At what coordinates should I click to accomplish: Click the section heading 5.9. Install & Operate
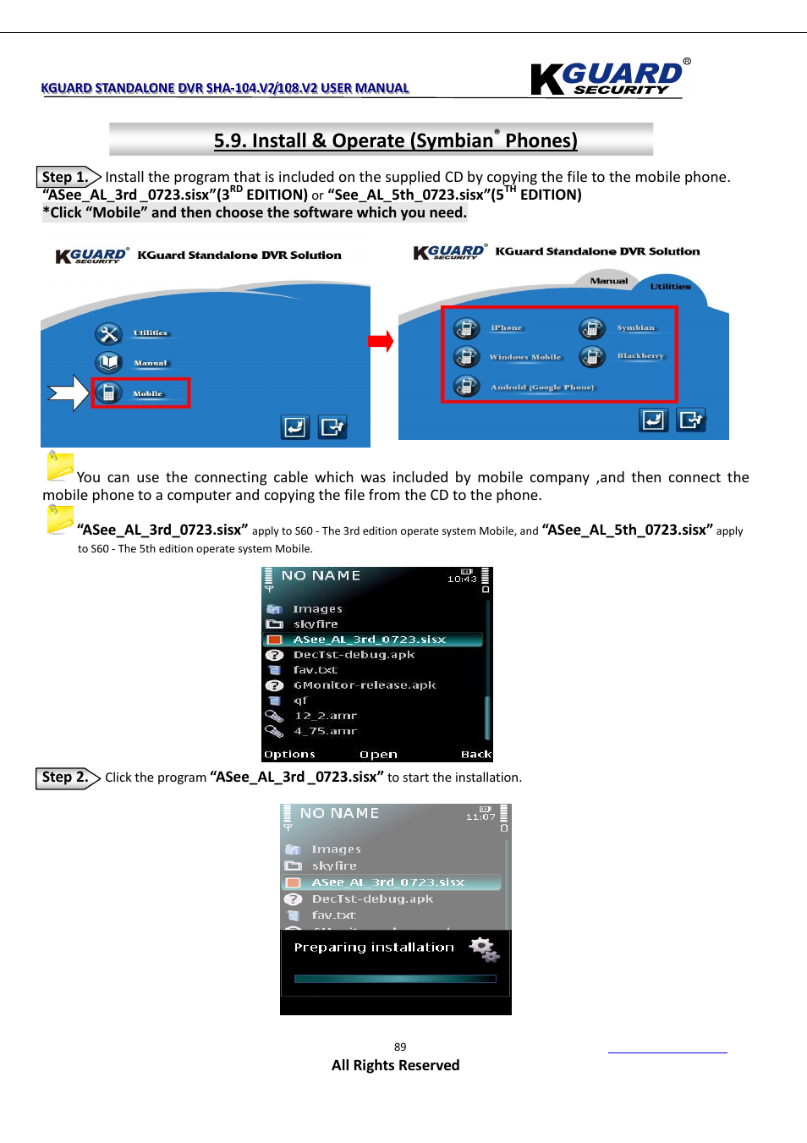[x=395, y=140]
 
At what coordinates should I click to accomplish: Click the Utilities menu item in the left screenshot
[x=150, y=333]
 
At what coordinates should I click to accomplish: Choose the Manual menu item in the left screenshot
[x=150, y=363]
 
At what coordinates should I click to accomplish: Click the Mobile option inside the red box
[x=146, y=393]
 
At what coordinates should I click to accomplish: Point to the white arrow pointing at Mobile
[x=68, y=393]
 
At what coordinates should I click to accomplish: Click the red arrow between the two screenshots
[x=382, y=342]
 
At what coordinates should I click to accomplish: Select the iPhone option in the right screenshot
[x=506, y=328]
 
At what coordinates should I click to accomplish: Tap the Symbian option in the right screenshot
[x=634, y=328]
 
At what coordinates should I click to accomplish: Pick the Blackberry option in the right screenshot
[x=640, y=356]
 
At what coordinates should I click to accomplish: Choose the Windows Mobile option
[x=524, y=357]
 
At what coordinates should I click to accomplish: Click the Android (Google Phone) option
[x=541, y=387]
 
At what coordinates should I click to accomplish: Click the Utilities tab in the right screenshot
[x=670, y=287]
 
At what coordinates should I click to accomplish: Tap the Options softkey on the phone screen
[x=289, y=754]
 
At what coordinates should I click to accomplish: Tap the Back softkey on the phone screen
[x=475, y=754]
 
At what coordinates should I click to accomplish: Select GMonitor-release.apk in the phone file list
[x=364, y=685]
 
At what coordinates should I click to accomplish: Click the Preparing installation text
[x=374, y=948]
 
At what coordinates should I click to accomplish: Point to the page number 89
[x=400, y=1047]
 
